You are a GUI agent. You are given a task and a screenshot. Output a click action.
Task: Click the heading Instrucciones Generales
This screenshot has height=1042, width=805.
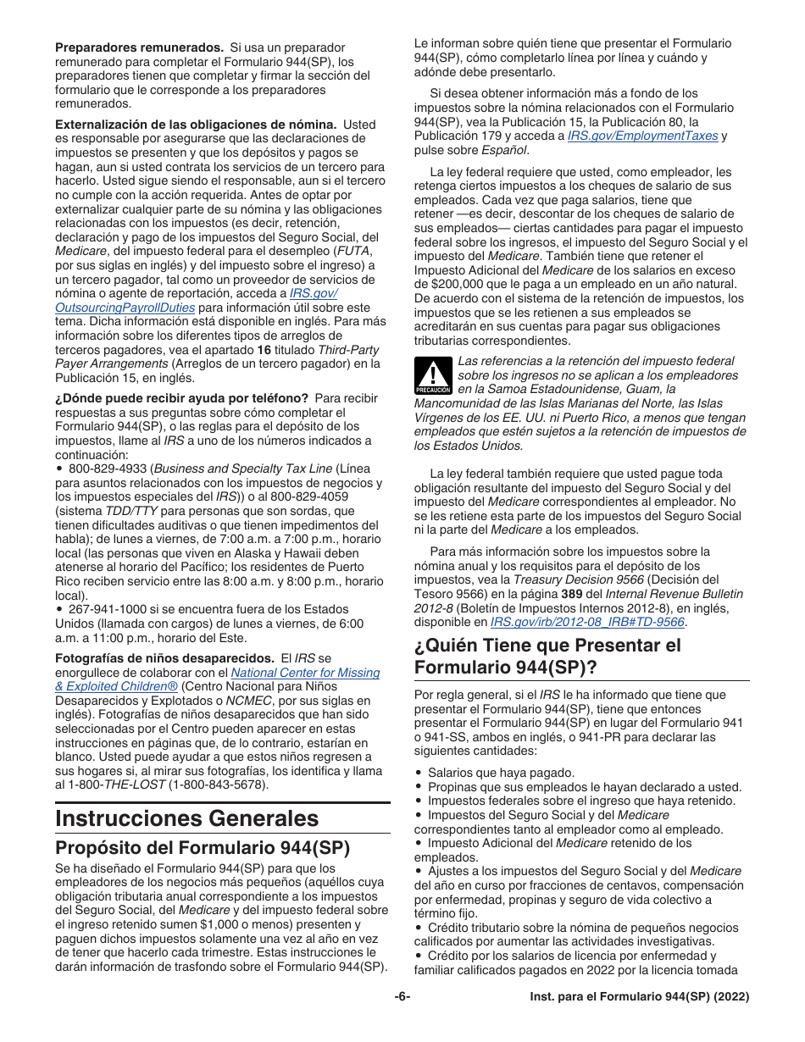tap(187, 818)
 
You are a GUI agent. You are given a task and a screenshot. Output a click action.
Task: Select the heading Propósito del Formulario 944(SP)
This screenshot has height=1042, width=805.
tap(203, 848)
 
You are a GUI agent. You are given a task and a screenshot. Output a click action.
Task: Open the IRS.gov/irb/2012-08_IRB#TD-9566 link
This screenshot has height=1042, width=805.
tap(589, 622)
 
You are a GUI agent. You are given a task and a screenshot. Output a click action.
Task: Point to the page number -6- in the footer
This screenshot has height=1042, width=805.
tap(402, 997)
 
